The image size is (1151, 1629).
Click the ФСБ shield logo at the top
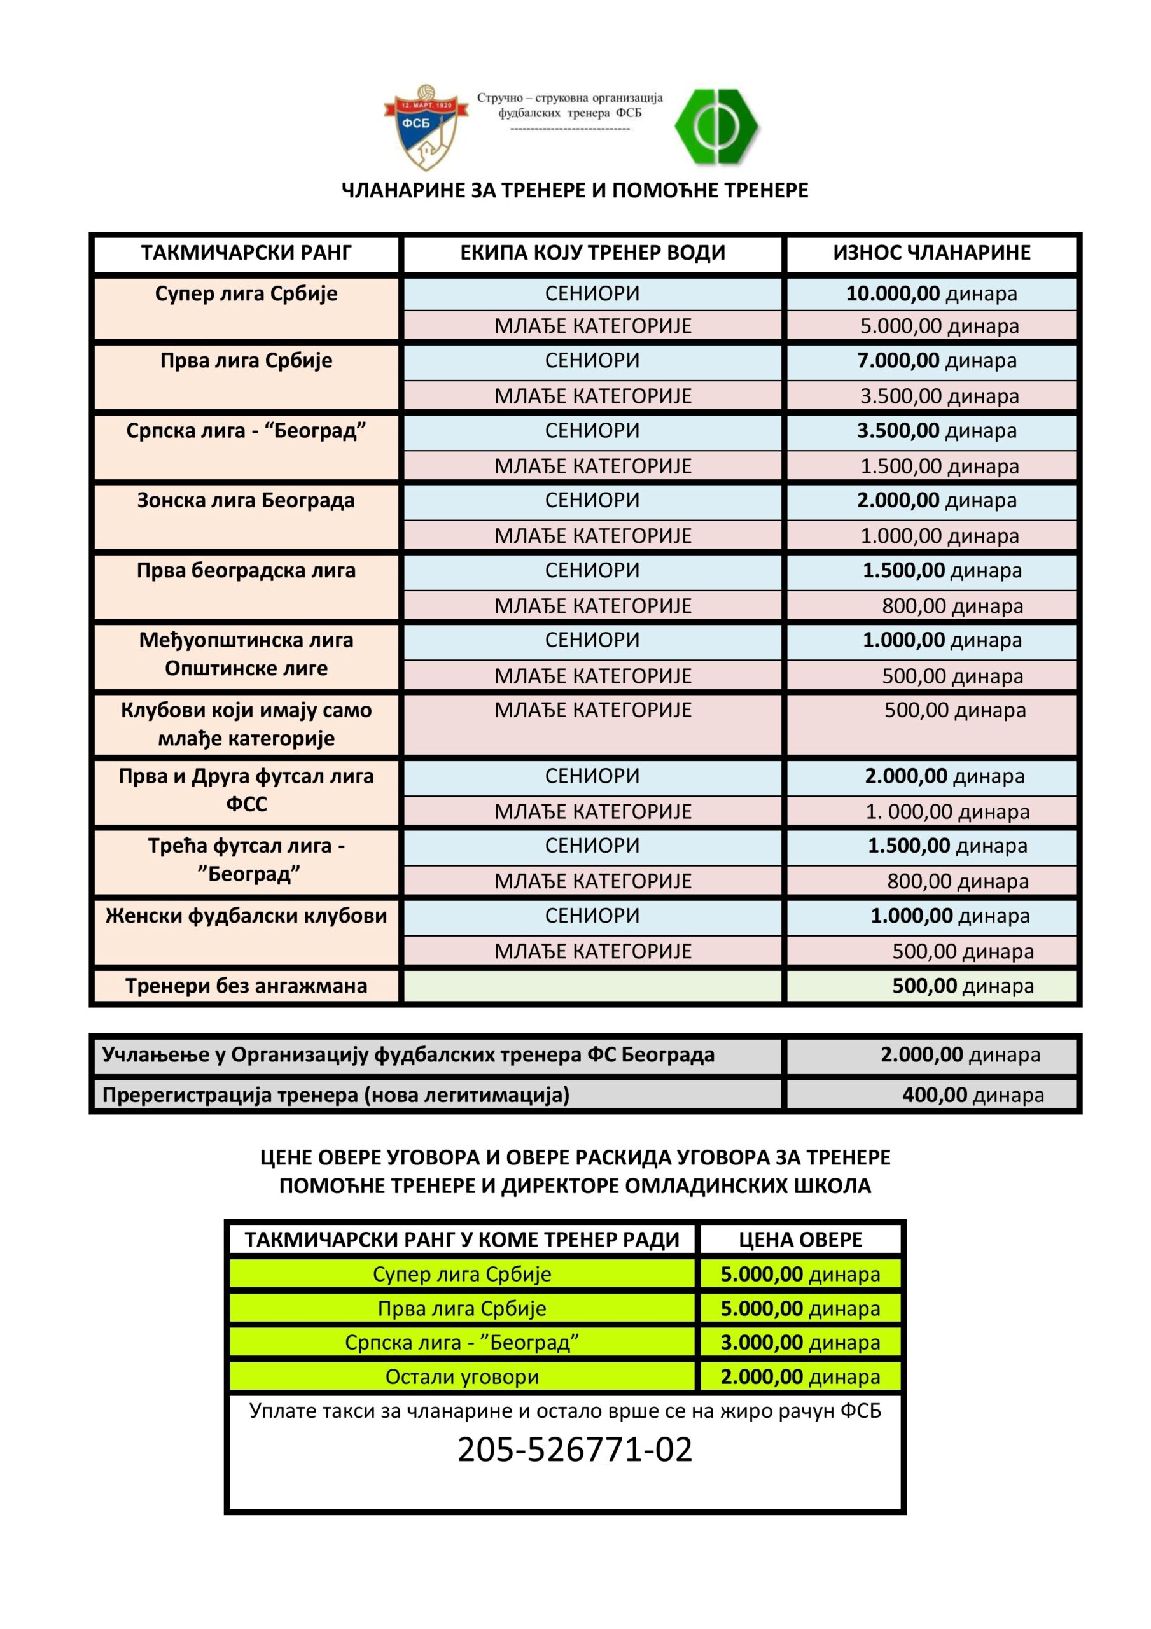click(426, 128)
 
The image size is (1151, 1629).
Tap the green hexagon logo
click(716, 126)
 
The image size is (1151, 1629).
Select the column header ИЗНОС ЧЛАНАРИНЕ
click(931, 253)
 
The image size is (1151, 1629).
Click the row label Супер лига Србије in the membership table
click(246, 294)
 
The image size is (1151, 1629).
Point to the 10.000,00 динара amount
click(931, 294)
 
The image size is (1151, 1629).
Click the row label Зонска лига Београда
click(246, 500)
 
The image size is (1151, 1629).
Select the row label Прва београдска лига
click(246, 570)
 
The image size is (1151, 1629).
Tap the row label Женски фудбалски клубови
click(246, 916)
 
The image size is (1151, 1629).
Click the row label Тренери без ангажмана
click(246, 986)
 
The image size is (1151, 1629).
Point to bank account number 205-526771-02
click(575, 1450)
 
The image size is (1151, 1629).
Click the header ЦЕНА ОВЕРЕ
click(800, 1240)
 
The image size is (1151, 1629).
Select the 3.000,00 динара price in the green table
click(800, 1343)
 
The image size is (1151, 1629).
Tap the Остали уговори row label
click(462, 1377)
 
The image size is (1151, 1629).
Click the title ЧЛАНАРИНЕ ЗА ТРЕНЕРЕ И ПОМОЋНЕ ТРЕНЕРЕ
click(575, 190)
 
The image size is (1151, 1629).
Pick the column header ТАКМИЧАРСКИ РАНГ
click(246, 253)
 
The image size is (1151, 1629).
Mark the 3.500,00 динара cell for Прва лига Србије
click(940, 396)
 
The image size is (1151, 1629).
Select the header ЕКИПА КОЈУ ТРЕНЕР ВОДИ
click(592, 253)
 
